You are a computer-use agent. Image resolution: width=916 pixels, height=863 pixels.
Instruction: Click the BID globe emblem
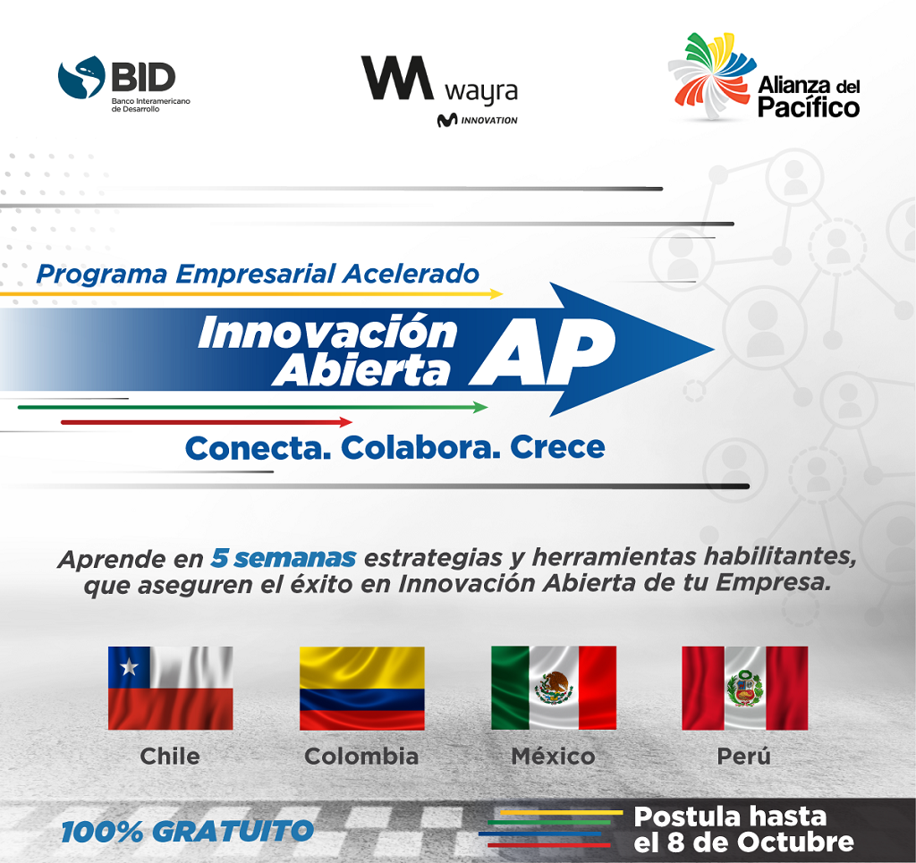point(81,77)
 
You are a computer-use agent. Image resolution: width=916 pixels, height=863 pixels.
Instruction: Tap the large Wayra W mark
point(397,78)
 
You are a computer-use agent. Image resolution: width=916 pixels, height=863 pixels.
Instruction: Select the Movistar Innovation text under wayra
point(478,120)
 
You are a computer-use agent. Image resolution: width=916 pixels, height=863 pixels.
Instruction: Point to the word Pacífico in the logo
point(809,107)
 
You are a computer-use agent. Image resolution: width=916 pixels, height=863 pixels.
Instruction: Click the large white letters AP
point(542,352)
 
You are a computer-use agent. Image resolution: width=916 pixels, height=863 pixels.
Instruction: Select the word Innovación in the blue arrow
point(327,332)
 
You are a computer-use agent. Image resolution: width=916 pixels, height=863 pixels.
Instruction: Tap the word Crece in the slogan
point(557,448)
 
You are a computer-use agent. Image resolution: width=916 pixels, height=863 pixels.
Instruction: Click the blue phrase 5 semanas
point(284,558)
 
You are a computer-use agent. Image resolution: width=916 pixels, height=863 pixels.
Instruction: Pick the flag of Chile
point(171,688)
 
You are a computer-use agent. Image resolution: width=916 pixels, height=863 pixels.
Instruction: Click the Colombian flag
point(362,688)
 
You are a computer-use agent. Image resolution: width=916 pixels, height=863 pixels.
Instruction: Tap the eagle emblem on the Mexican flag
point(553,687)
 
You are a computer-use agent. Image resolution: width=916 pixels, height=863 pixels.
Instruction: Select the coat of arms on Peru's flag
point(744,688)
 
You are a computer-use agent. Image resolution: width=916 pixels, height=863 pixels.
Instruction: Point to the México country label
point(553,757)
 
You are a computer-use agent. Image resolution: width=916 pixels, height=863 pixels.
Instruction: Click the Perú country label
point(743,757)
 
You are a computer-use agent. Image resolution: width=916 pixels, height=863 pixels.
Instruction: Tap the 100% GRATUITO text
point(188,832)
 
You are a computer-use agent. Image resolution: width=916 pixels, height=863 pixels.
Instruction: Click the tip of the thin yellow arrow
point(503,293)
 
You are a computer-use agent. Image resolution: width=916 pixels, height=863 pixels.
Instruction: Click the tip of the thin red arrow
point(352,421)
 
